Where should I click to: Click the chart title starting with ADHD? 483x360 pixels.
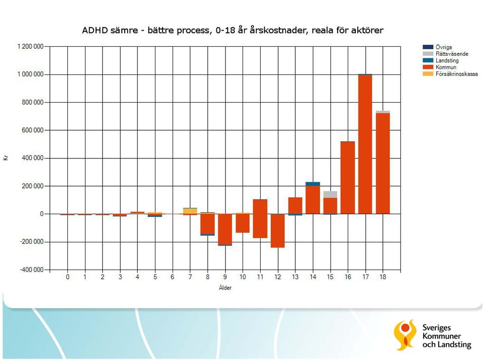[232, 30]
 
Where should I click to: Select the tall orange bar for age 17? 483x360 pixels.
[365, 144]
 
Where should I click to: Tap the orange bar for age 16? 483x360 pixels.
[348, 177]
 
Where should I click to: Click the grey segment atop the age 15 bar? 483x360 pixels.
[330, 194]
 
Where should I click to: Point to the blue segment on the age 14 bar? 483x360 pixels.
[312, 184]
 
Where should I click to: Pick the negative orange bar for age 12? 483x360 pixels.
[278, 231]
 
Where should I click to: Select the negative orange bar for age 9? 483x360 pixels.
[225, 229]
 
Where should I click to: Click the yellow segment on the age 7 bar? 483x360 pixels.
[190, 211]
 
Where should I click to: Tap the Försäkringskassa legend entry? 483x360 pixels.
[450, 74]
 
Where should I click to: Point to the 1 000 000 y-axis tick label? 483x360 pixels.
[31, 74]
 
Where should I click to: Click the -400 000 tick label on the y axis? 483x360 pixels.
[32, 270]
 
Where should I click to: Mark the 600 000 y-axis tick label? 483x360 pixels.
[33, 130]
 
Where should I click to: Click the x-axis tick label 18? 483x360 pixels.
[382, 277]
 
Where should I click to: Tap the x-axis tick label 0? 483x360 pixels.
[67, 277]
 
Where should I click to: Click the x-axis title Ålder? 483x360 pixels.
[225, 288]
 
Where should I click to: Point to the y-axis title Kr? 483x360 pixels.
[6, 158]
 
